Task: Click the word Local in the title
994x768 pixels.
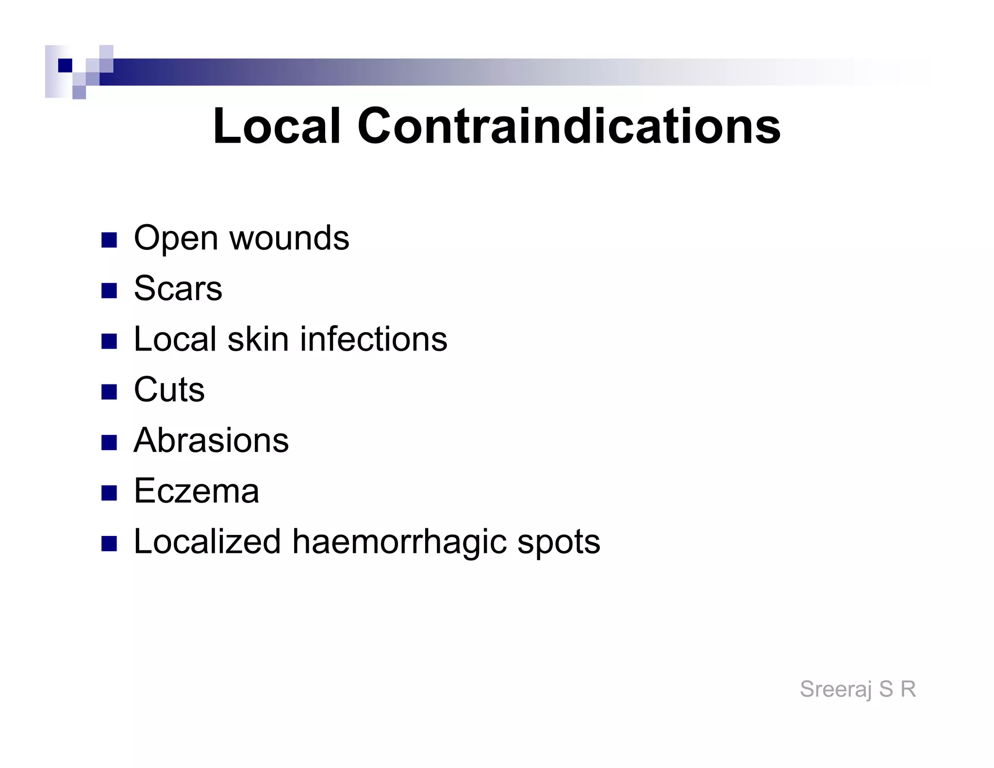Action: click(x=277, y=126)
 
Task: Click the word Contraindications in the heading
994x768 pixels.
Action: click(x=569, y=126)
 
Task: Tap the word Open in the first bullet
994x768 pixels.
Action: click(x=176, y=239)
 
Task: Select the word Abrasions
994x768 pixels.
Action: click(x=211, y=440)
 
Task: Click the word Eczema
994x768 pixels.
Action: click(x=196, y=491)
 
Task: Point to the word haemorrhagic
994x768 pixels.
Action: click(x=399, y=543)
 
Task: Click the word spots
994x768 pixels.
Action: click(x=559, y=543)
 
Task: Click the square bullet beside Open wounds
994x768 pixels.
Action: click(x=109, y=240)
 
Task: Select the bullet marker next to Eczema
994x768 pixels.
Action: click(x=109, y=493)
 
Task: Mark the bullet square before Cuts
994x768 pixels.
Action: click(x=109, y=392)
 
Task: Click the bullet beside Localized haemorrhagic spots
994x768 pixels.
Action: click(x=109, y=544)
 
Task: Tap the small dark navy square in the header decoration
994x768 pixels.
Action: click(x=65, y=65)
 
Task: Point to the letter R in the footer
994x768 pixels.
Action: click(x=908, y=689)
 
